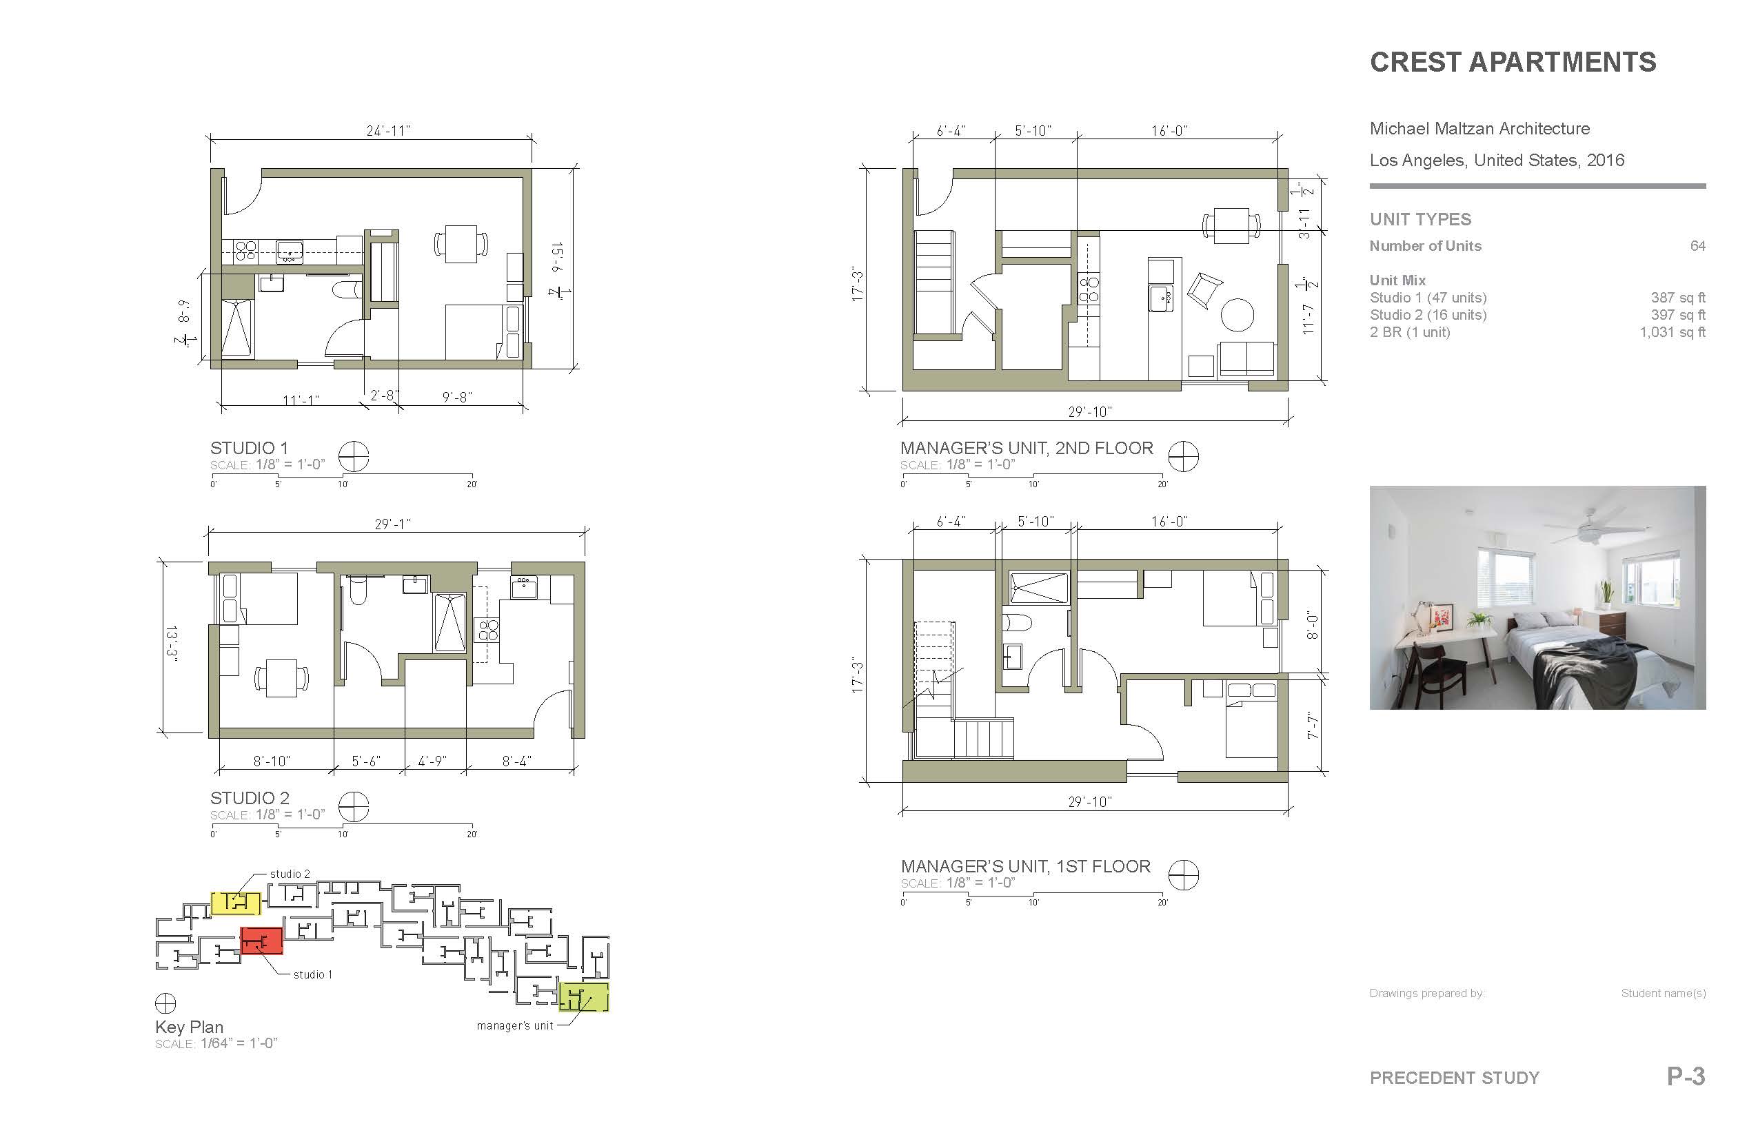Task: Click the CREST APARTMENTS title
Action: [x=1513, y=62]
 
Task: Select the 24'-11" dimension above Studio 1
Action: [x=387, y=131]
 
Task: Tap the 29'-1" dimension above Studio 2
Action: [x=392, y=524]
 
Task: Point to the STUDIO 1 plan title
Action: [x=249, y=447]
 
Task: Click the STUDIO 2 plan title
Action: [x=250, y=797]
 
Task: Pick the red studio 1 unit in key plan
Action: [x=261, y=941]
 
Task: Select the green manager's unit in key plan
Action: [x=583, y=996]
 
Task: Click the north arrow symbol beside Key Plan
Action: [x=165, y=1003]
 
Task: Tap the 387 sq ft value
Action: [x=1678, y=298]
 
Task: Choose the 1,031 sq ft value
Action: [x=1673, y=332]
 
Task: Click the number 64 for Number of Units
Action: [x=1698, y=246]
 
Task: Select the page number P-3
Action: [x=1686, y=1076]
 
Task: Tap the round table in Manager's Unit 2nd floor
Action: [x=1237, y=314]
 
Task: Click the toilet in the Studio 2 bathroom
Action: [x=358, y=590]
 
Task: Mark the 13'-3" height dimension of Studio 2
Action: [x=171, y=644]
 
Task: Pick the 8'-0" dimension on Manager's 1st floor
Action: [x=1312, y=624]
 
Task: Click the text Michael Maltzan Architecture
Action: [x=1479, y=128]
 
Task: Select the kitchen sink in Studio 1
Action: [x=290, y=252]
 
